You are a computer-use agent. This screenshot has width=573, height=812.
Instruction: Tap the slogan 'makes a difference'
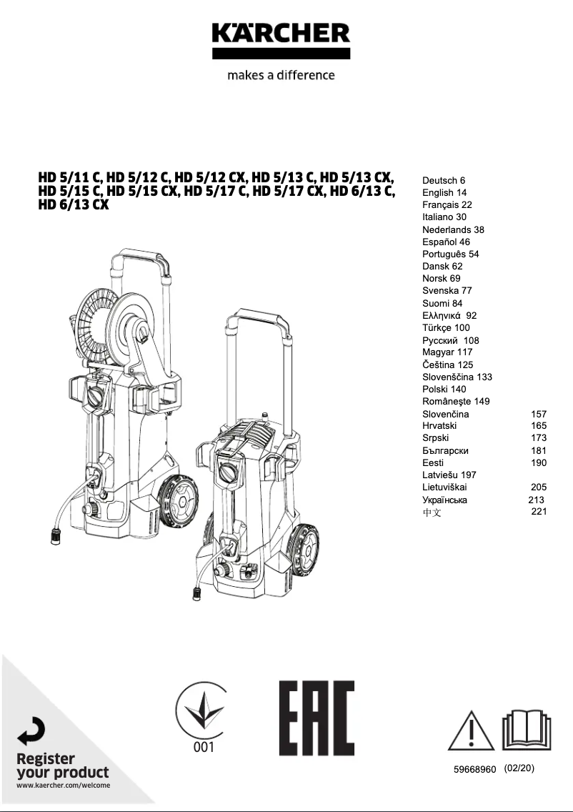click(281, 75)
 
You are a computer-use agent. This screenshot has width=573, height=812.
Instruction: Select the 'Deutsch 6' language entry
click(444, 180)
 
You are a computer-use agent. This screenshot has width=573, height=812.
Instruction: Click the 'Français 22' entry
click(447, 204)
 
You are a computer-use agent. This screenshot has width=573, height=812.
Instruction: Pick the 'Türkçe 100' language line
click(446, 327)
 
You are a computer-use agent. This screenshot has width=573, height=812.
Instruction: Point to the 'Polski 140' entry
click(444, 389)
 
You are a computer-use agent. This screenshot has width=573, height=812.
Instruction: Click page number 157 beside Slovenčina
click(539, 414)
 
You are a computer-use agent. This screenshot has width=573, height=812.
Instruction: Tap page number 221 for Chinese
click(539, 511)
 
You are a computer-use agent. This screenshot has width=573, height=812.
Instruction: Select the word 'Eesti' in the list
click(433, 462)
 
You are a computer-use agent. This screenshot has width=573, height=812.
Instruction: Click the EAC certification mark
click(317, 718)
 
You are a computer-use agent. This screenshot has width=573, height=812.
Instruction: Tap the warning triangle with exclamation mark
click(472, 730)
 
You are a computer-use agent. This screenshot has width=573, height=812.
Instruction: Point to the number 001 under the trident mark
click(204, 748)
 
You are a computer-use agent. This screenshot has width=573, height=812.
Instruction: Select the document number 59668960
click(474, 769)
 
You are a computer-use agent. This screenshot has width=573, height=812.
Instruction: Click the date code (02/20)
click(519, 768)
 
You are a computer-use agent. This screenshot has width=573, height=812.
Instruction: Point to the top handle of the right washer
click(259, 319)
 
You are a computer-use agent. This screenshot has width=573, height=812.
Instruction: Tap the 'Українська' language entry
click(444, 500)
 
